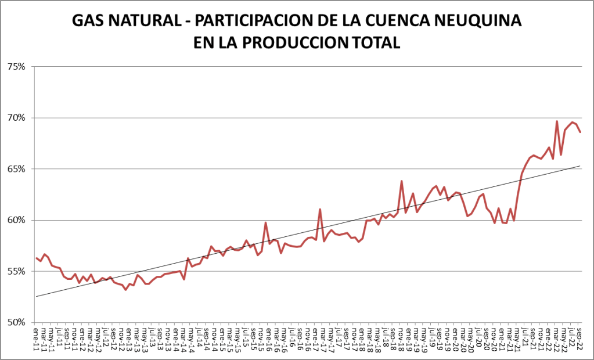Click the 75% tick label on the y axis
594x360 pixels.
pos(16,67)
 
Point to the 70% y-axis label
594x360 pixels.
pos(16,118)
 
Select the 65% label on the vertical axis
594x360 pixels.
pos(16,169)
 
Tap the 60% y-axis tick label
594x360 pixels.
pos(16,220)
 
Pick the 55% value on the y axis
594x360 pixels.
pos(16,271)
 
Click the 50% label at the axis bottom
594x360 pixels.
pos(16,322)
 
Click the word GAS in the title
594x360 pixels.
pos(88,21)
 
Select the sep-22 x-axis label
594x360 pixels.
pos(581,336)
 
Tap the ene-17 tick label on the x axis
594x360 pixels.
pos(316,336)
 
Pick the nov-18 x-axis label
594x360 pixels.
pos(401,336)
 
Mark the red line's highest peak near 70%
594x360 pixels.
pos(557,121)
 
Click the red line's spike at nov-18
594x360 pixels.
pos(401,181)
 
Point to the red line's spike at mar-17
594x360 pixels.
pos(320,209)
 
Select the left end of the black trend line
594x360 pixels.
pos(36,297)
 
